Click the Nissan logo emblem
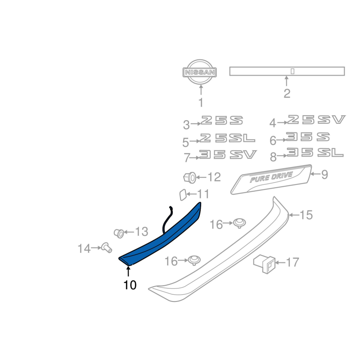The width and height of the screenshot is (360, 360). point(200,72)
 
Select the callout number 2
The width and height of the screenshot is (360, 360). point(287,94)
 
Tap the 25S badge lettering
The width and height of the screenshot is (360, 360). point(222,120)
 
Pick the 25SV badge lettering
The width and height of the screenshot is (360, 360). point(316,120)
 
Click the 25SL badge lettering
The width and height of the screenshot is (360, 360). point(227,138)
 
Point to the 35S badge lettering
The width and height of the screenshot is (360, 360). point(308,137)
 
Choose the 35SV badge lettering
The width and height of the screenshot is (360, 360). point(228,154)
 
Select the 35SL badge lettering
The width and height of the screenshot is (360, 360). point(315,153)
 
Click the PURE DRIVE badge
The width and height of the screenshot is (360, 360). point(271,179)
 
